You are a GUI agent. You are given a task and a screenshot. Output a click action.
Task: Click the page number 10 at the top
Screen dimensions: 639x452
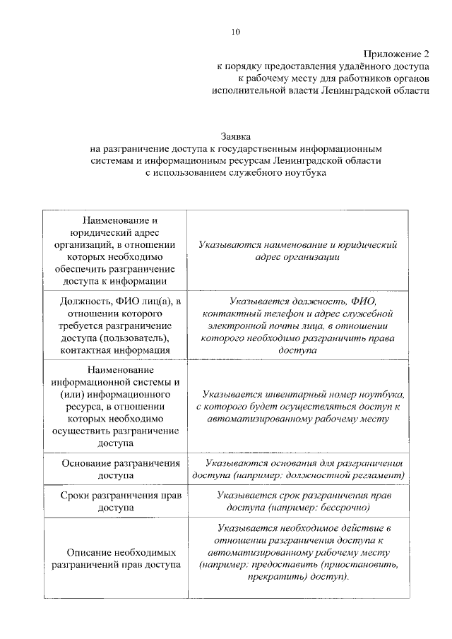[236, 31]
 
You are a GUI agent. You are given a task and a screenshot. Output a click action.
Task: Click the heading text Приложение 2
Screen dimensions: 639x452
[396, 54]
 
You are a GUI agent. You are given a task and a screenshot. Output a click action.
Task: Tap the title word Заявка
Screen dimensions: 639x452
[236, 136]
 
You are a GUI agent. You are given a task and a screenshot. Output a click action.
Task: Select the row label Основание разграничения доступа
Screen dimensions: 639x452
[114, 470]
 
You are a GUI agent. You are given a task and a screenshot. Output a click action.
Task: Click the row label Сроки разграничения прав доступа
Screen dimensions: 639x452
[114, 501]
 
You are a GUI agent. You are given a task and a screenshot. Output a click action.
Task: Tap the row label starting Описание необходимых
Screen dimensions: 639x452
[114, 558]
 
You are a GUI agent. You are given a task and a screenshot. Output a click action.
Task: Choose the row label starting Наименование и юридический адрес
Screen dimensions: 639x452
[114, 251]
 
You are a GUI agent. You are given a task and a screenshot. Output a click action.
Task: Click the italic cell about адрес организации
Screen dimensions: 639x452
[298, 251]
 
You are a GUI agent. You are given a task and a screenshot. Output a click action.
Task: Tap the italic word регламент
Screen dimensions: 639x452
[381, 476]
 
